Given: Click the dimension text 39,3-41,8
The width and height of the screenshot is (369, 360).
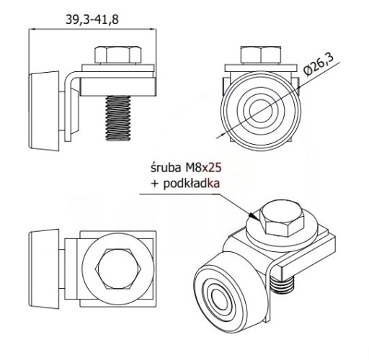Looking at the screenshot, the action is point(92,19).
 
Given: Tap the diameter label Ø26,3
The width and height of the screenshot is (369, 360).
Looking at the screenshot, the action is point(319,65).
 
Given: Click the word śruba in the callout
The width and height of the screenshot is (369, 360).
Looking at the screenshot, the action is point(166,168).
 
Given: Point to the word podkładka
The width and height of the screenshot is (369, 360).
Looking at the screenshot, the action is point(192,184).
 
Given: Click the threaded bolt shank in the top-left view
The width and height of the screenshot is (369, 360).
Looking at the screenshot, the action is point(118,118).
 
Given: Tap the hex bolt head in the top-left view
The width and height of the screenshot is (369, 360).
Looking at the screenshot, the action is point(118,55).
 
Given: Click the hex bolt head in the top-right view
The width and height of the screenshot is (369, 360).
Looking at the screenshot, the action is point(261,55).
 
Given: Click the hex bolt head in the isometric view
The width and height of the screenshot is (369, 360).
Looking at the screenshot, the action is point(282,218).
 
